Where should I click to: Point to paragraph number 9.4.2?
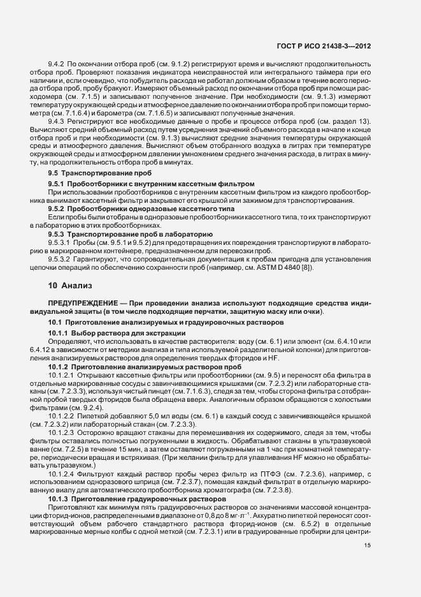pyautogui.click(x=57, y=65)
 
